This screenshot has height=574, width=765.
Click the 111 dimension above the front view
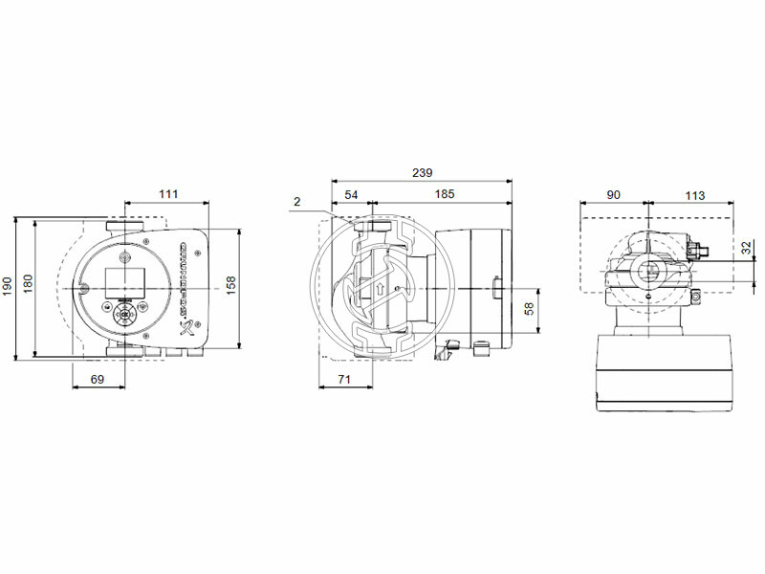(168, 194)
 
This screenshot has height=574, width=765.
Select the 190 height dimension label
(8, 286)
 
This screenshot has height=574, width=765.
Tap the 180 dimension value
(28, 285)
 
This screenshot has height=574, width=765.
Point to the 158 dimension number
(229, 286)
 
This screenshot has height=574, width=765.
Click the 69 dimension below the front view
(97, 381)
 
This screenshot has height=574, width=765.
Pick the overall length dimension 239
(422, 173)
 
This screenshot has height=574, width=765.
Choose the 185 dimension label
(444, 194)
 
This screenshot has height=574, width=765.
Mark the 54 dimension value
(351, 194)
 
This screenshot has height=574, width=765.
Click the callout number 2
(297, 202)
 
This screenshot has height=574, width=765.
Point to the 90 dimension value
(613, 194)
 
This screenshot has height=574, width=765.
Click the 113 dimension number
(695, 194)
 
